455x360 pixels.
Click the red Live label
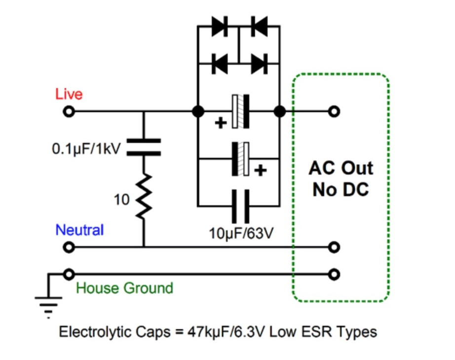coord(69,94)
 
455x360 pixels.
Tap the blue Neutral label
coord(79,230)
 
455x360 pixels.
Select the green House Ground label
coord(124,288)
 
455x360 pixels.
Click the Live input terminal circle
coord(69,111)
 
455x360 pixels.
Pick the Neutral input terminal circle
coord(69,247)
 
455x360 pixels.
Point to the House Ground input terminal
coord(69,274)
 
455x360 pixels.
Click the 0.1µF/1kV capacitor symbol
coord(144,147)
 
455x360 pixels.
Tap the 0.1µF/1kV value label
coord(86,149)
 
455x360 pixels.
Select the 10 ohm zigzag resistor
coord(144,196)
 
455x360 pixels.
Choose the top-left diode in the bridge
coord(220,27)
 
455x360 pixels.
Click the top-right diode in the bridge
coord(259,27)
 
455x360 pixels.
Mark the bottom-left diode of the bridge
coord(220,64)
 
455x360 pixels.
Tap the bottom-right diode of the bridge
coord(259,64)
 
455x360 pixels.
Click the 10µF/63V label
coord(241,233)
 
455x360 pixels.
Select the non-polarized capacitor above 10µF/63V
coord(240,206)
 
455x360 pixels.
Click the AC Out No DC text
coord(341,179)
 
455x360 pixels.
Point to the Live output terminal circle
coord(334,111)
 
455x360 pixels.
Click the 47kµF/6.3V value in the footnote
coord(226,331)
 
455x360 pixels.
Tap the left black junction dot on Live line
coord(198,111)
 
